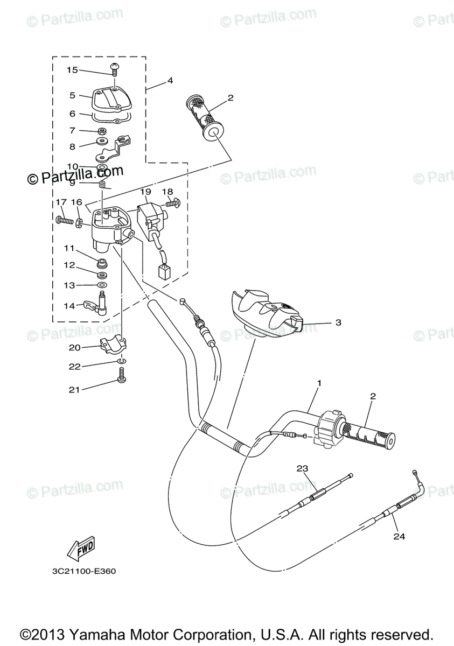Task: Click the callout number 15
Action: coord(72,70)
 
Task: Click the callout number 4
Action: coord(170,81)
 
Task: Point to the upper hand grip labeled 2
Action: coord(205,117)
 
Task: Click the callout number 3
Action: coord(338,323)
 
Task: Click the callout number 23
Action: coord(302,468)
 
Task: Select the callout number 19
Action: coord(145,192)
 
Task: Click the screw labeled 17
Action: coord(63,220)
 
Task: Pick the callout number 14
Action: coord(69,306)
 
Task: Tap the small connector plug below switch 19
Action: coord(164,272)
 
